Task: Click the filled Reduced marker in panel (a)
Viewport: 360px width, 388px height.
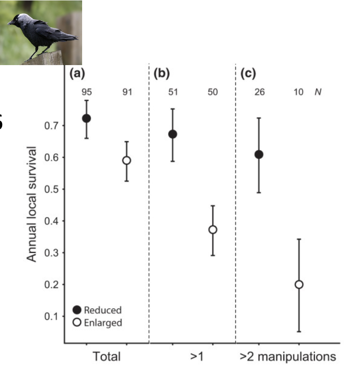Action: click(x=86, y=118)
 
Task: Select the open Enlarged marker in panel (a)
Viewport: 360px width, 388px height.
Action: click(x=126, y=160)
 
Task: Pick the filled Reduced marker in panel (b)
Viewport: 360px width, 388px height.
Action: click(x=172, y=134)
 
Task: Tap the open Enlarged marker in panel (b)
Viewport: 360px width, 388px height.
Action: click(x=213, y=230)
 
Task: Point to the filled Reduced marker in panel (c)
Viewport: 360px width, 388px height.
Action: click(x=259, y=154)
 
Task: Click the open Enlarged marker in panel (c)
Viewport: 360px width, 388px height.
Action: click(x=299, y=284)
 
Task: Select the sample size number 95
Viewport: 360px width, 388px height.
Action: click(x=86, y=92)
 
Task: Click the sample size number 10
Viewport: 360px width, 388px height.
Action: click(x=299, y=92)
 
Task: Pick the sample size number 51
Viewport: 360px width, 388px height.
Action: click(x=172, y=92)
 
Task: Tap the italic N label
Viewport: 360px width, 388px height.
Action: click(x=317, y=92)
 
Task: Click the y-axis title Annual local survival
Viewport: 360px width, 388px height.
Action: click(x=33, y=204)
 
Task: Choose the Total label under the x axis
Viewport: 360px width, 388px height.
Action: click(x=106, y=357)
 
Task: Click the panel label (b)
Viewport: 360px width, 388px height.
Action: click(x=161, y=74)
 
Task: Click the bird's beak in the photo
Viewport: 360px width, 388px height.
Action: click(x=10, y=22)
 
